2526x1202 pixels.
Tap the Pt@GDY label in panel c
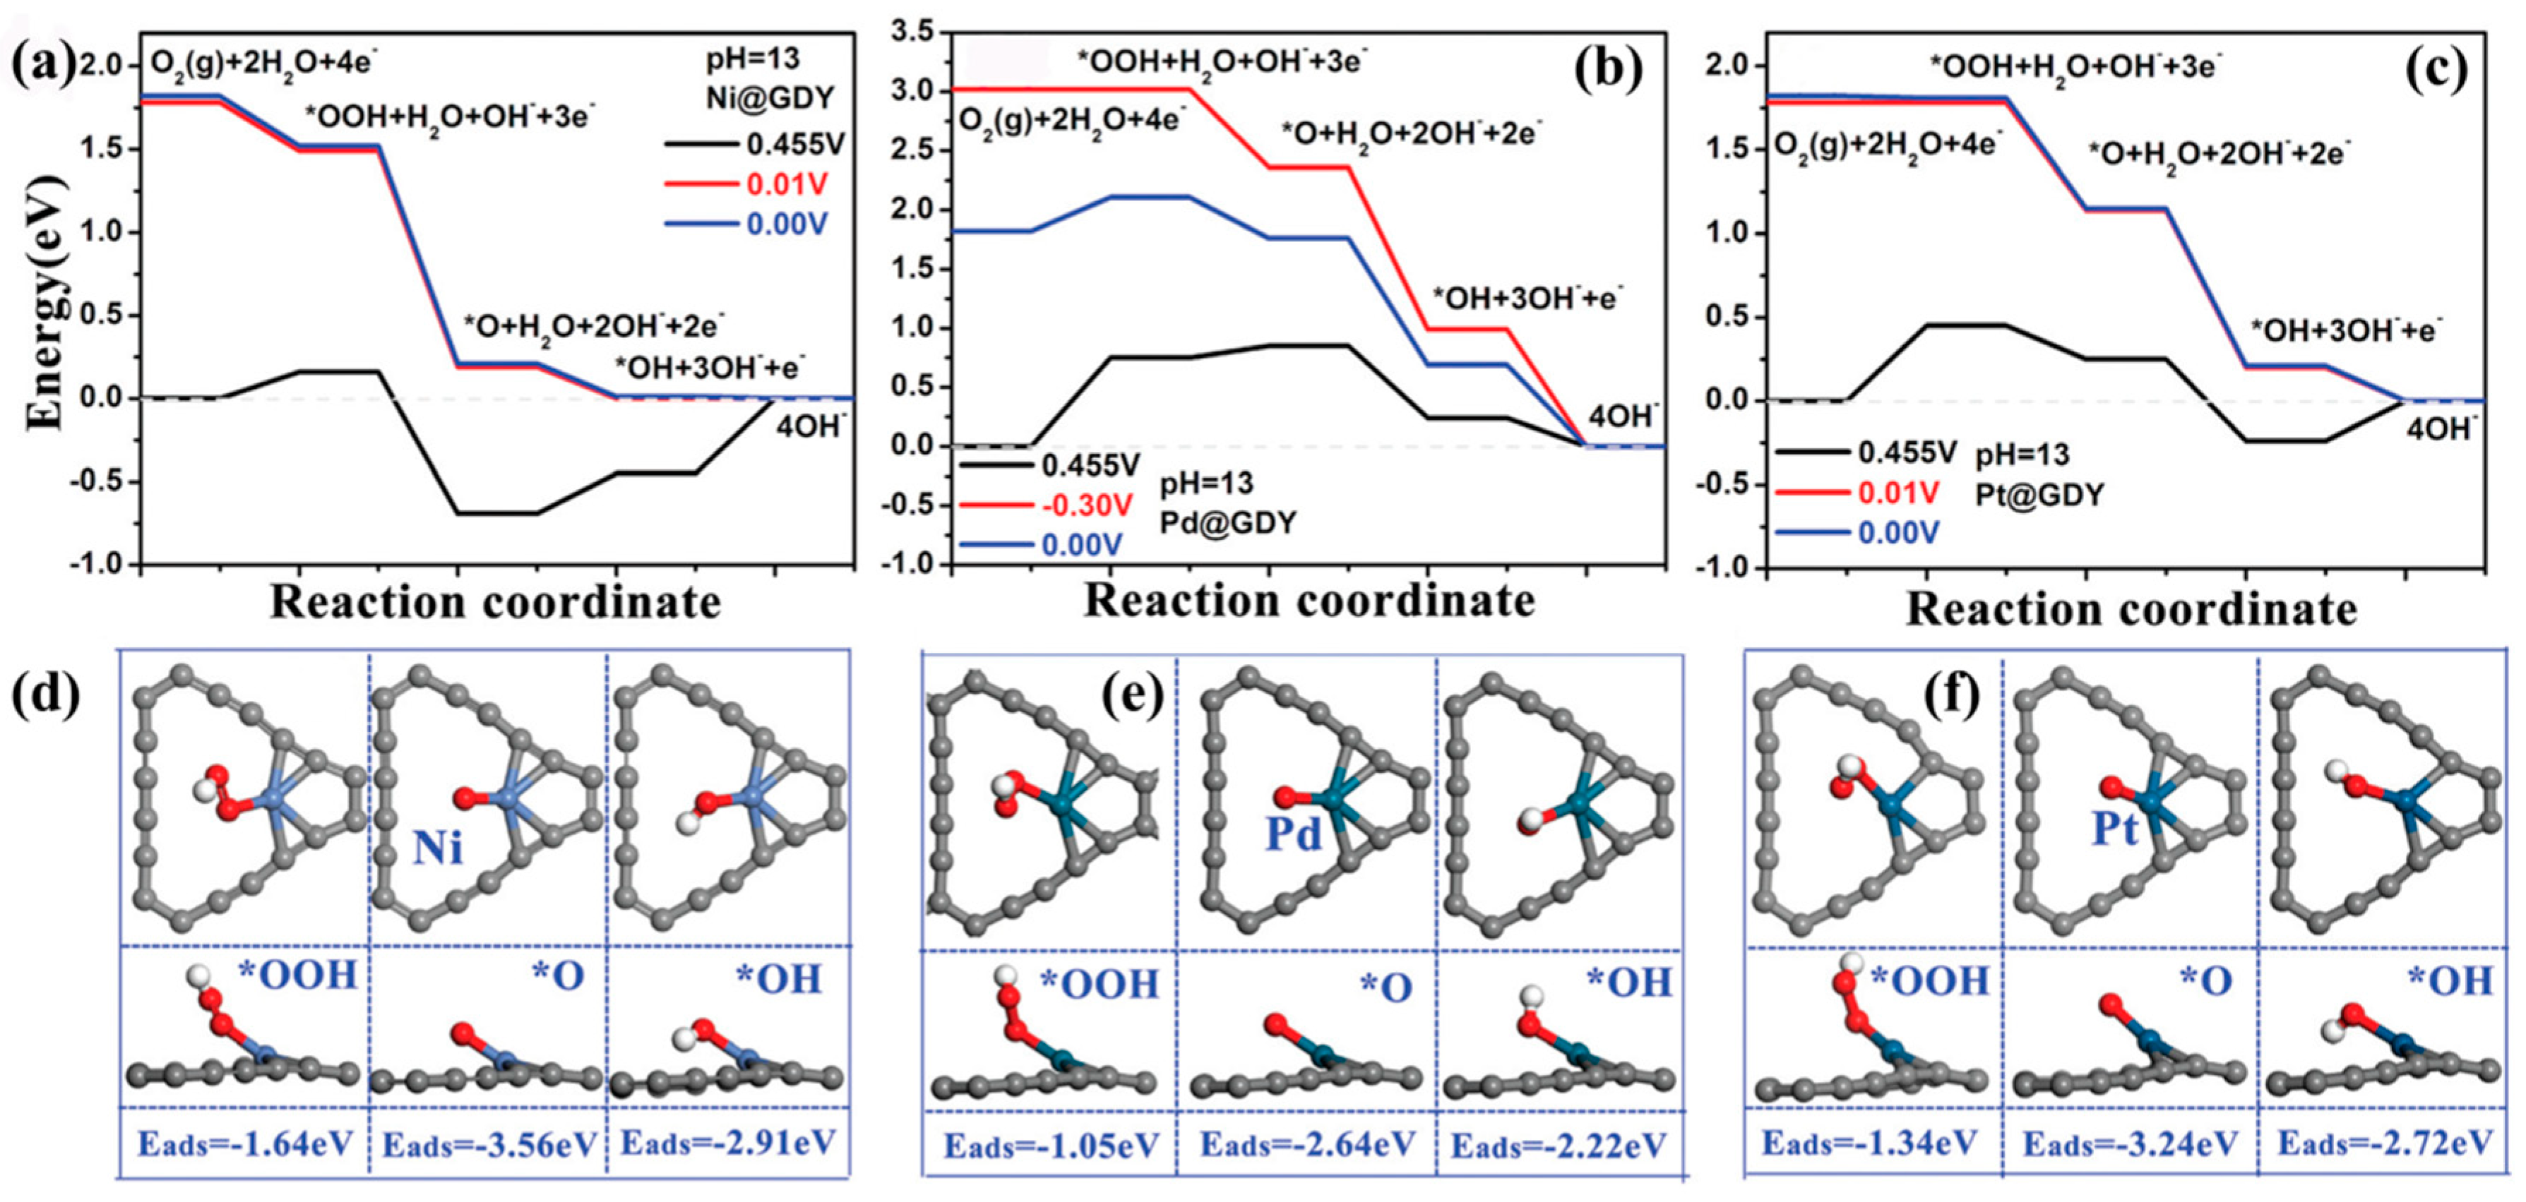point(2039,494)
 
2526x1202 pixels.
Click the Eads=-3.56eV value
point(489,1145)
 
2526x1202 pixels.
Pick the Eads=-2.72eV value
point(2384,1143)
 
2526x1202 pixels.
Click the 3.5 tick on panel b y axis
point(912,32)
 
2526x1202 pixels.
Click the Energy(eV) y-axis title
point(44,304)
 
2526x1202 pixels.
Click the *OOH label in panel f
point(1930,980)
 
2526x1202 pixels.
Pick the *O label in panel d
point(558,977)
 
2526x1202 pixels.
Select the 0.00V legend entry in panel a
point(787,224)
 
